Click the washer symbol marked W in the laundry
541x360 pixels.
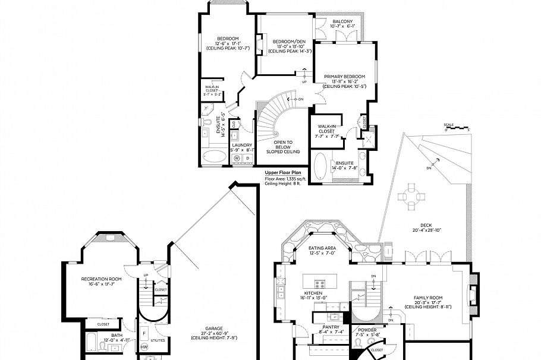(237, 158)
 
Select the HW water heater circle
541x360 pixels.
(144, 347)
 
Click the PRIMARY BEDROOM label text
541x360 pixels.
(344, 77)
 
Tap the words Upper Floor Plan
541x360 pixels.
(284, 172)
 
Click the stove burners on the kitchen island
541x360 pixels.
(319, 283)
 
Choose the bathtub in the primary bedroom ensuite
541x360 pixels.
(320, 166)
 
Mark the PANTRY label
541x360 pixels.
(331, 327)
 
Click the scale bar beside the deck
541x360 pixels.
(457, 125)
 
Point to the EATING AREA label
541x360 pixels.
(322, 248)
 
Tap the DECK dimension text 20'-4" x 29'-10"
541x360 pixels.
(426, 230)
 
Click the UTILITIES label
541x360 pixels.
(158, 340)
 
